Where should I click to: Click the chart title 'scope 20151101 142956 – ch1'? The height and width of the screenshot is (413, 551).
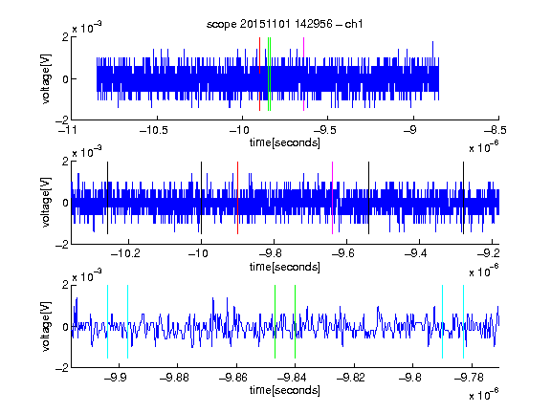[x=285, y=24]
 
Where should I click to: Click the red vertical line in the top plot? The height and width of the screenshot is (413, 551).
[x=259, y=75]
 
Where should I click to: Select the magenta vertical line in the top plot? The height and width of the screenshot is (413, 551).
[x=303, y=75]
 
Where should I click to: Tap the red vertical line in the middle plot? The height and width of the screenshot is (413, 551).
[x=237, y=198]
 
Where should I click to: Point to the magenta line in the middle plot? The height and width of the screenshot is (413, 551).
[x=333, y=198]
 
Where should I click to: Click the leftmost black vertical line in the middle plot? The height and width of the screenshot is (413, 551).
[x=107, y=198]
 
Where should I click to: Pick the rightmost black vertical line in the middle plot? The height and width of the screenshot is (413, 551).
[x=463, y=198]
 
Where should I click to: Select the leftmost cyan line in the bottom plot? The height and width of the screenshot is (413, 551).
[x=107, y=321]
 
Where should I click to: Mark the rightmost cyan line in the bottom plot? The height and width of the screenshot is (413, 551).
[x=463, y=321]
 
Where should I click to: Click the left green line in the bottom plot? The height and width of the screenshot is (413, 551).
[x=275, y=321]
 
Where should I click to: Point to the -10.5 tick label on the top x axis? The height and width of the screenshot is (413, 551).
[x=154, y=130]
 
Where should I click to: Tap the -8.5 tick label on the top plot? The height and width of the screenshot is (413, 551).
[x=496, y=130]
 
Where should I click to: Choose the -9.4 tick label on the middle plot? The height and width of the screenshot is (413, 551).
[x=416, y=253]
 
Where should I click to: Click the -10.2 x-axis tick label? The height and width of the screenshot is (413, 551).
[x=125, y=253]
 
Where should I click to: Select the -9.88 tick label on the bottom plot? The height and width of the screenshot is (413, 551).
[x=174, y=378]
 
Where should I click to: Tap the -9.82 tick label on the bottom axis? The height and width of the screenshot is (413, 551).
[x=351, y=378]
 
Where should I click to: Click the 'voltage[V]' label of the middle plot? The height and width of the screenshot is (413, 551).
[x=46, y=203]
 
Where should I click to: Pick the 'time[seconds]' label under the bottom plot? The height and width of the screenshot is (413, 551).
[x=285, y=390]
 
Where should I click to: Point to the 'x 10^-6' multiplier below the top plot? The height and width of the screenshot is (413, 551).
[x=484, y=147]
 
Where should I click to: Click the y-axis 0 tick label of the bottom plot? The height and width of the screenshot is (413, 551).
[x=65, y=327]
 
